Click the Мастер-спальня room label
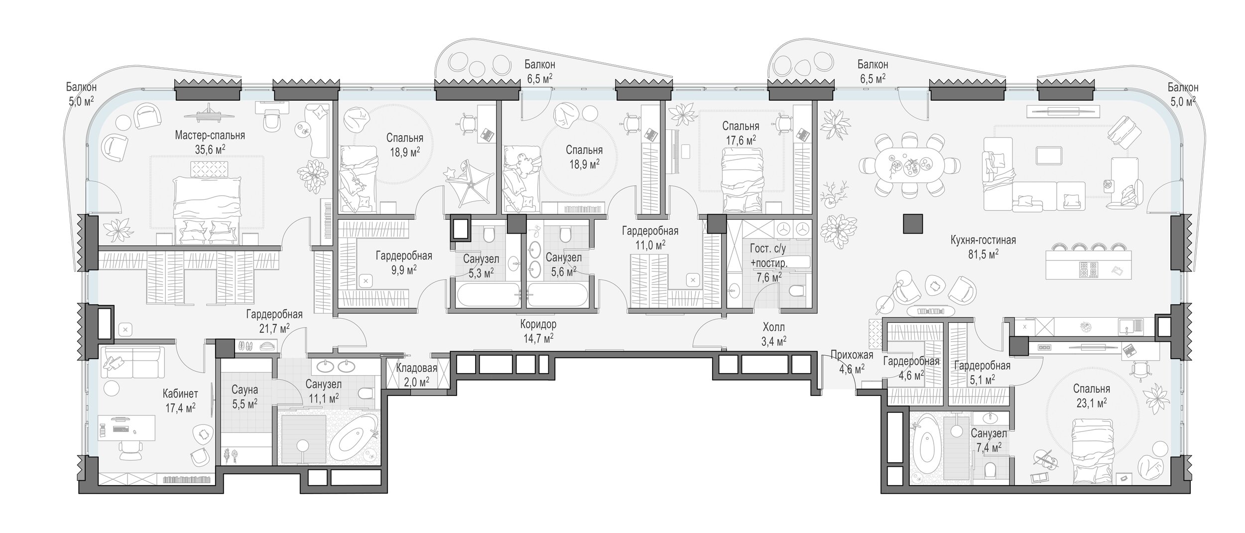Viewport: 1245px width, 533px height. click(x=210, y=135)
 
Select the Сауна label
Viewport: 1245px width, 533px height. click(x=244, y=390)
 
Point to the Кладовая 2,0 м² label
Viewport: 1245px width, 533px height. click(x=416, y=375)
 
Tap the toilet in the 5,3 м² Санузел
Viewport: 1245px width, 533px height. click(x=488, y=234)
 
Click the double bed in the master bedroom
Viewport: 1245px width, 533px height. click(x=207, y=203)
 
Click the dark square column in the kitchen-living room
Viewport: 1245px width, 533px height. click(x=913, y=224)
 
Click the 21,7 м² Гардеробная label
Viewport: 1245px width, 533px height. click(x=274, y=321)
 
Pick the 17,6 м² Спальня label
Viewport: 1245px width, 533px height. click(x=741, y=133)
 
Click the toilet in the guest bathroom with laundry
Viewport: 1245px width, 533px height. click(x=797, y=291)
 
